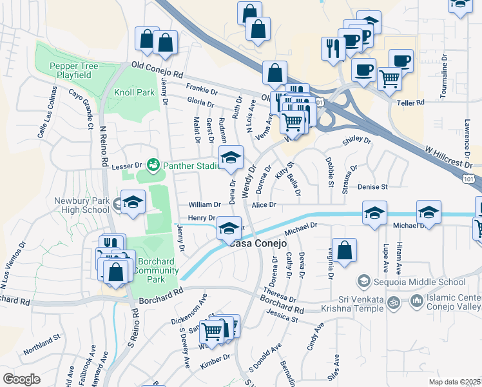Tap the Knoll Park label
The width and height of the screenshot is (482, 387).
pos(134,92)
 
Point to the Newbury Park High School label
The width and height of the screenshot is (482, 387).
pos(82,204)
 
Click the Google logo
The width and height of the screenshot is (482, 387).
pos(21,379)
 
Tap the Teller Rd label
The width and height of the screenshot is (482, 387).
pos(411,103)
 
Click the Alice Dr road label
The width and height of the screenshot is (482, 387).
pos(264,205)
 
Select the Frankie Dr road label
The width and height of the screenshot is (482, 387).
pos(201,88)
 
